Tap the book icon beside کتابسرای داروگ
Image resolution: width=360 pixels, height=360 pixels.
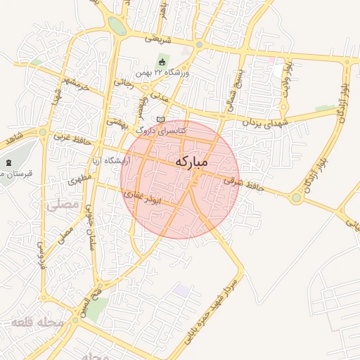pyautogui.click(x=161, y=120)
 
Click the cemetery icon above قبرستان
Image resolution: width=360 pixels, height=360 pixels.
pyautogui.click(x=8, y=162)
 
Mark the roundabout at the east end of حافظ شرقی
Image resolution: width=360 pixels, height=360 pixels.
pyautogui.click(x=297, y=198)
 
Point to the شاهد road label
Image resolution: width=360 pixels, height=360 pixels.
pyautogui.click(x=13, y=133)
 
